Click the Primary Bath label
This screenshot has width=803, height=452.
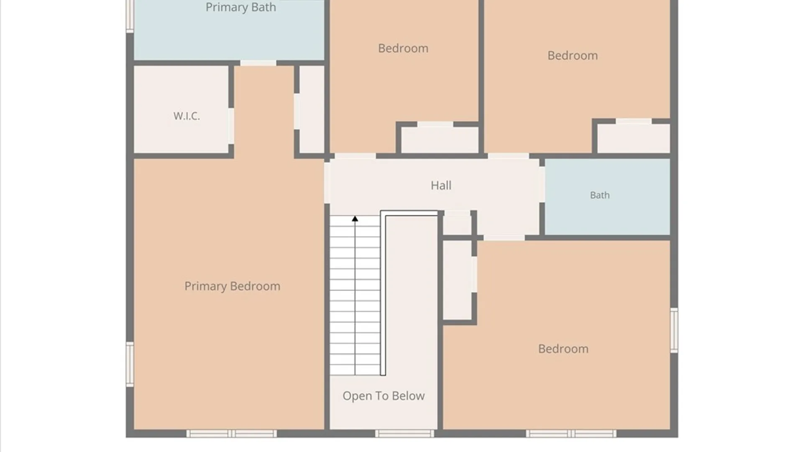point(240,8)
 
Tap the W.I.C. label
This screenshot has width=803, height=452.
point(187,116)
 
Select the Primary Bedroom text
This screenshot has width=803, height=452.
point(232,286)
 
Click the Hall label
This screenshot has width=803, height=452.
point(441,185)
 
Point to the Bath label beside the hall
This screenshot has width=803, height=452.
point(600,195)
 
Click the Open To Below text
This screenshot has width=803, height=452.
point(384,396)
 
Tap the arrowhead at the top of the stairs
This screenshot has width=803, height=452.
point(355,219)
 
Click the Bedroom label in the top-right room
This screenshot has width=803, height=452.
point(573,56)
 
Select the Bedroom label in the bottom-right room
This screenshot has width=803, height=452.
point(563,349)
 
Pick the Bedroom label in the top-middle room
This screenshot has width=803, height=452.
point(403,49)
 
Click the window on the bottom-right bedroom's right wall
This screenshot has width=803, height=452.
point(674,330)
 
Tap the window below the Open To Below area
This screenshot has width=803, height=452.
point(404,434)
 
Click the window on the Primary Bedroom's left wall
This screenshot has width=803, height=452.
point(130,364)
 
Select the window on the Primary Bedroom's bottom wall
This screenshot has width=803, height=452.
point(231,434)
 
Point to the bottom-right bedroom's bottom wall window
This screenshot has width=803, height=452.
point(571,434)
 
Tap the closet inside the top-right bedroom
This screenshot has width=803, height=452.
point(633,139)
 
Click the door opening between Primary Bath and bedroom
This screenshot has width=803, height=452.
point(258,63)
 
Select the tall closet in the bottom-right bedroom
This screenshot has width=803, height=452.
point(458,280)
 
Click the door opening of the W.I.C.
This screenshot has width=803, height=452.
point(231,126)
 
